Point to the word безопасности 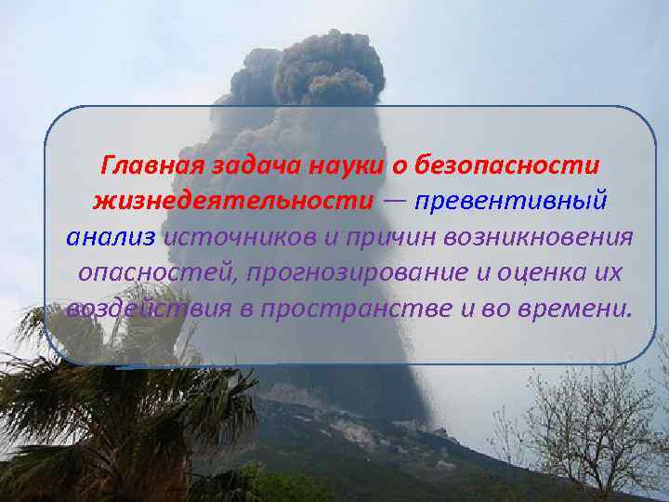point(506,166)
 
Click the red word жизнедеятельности point(233,201)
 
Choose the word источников point(240,236)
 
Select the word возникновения point(540,236)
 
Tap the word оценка point(516,271)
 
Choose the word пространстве point(343,308)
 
